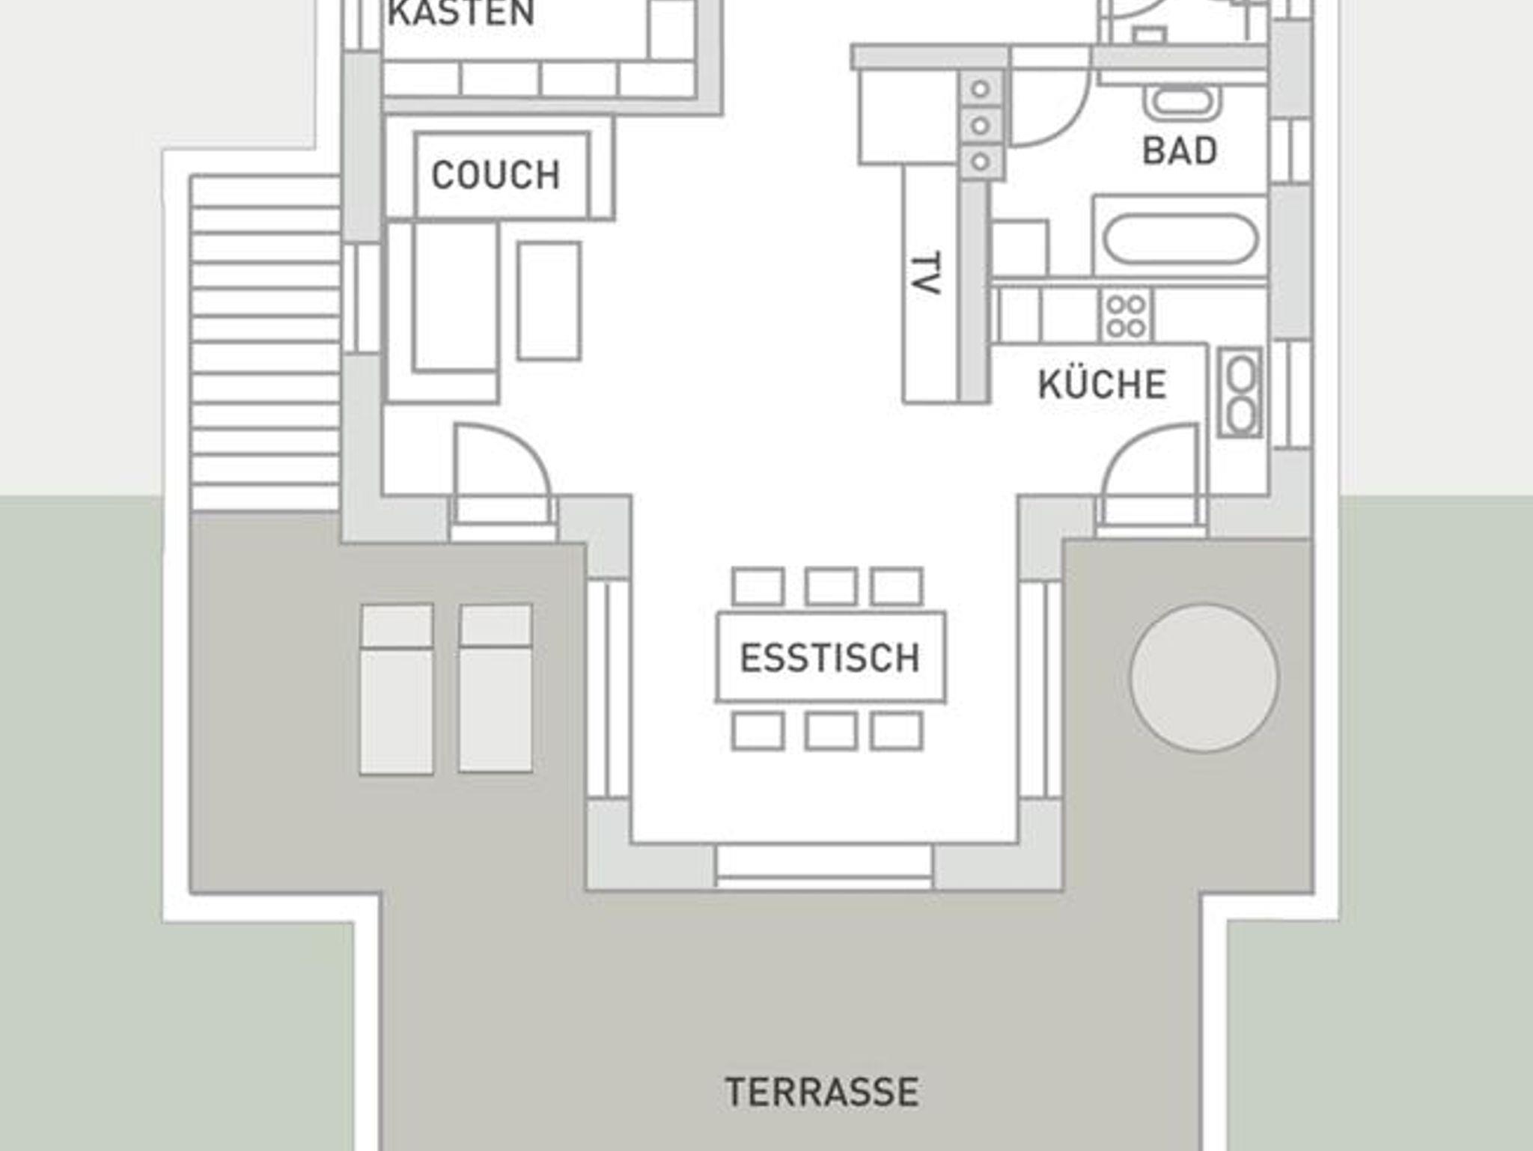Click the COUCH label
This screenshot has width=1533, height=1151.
[x=496, y=175]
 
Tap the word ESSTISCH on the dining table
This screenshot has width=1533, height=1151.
[x=829, y=658]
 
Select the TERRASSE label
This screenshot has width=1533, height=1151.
[x=822, y=1092]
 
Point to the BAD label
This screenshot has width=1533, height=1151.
[x=1180, y=151]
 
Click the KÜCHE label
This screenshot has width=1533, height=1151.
[x=1102, y=384]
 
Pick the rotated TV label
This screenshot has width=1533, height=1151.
[x=926, y=274]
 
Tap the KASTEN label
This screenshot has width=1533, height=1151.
[x=461, y=13]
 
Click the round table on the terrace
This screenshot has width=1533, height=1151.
[x=1204, y=677]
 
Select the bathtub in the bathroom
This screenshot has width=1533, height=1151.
[x=1181, y=239]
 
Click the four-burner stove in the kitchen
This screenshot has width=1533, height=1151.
[x=1126, y=316]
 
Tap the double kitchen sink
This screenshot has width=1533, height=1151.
[x=1240, y=392]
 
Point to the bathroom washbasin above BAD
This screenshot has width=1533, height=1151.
[x=1183, y=104]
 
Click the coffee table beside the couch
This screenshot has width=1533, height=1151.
[x=549, y=300]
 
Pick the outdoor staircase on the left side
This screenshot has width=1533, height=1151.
[x=266, y=344]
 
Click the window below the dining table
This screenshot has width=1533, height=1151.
[x=823, y=867]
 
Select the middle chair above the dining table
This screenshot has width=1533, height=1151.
[x=831, y=586]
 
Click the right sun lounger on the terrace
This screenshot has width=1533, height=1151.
[x=496, y=688]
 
